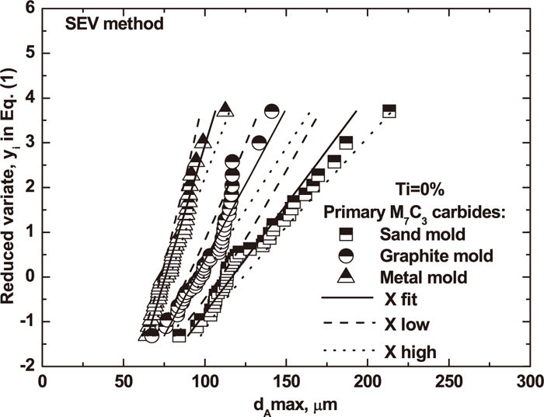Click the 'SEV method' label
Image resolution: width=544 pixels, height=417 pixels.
(x=113, y=23)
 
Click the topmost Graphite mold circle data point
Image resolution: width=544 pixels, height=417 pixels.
(x=271, y=111)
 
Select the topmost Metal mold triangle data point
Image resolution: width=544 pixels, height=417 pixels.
(x=225, y=109)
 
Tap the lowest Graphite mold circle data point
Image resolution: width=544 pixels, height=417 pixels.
(x=152, y=335)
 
